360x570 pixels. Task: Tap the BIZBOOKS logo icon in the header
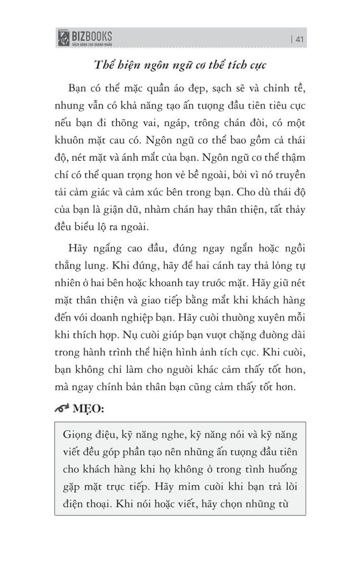[63, 38]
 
